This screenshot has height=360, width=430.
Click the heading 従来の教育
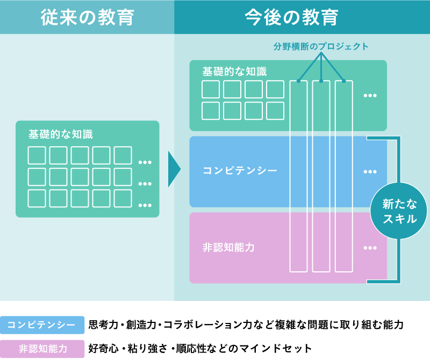(87, 17)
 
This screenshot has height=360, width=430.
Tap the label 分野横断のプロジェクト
(321, 47)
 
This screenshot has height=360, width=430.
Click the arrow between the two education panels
(174, 169)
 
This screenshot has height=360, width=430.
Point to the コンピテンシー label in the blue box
(240, 171)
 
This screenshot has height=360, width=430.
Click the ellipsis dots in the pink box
(370, 248)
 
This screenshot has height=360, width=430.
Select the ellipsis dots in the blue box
(370, 172)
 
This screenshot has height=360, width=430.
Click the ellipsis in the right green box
(370, 96)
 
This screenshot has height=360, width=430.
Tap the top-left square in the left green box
(37, 155)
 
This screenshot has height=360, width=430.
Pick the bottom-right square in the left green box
(123, 198)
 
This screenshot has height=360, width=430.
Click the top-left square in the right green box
(211, 89)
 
